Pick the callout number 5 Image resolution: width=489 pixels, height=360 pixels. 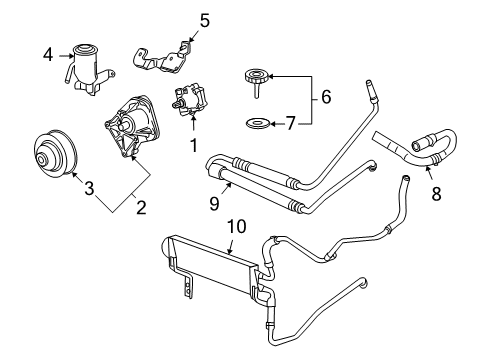pos(204,18)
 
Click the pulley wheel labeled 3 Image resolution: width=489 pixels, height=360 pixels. pos(49,156)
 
